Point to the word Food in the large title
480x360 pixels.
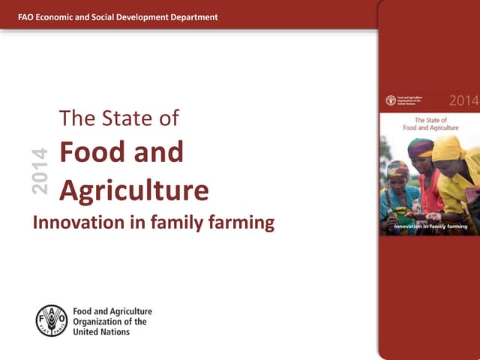tap(90, 152)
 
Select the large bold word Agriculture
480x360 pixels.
tap(133, 191)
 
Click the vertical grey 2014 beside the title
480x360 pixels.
tap(40, 172)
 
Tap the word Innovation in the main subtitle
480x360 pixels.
tap(77, 223)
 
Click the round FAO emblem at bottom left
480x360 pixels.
tap(52, 320)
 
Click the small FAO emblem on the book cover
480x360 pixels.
tap(391, 100)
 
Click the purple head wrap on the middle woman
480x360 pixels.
tap(420, 146)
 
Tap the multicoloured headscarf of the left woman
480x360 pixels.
tap(397, 168)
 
